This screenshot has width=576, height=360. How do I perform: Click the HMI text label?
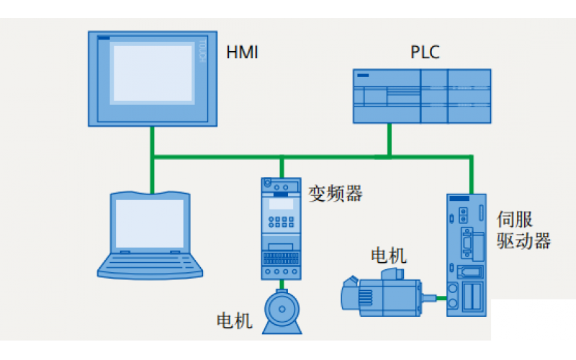242,53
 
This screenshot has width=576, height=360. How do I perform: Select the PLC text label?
425,53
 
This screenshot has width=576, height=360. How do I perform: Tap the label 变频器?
335,194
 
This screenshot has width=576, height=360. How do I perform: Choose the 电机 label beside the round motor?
235,320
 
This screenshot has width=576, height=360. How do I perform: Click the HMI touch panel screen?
152,73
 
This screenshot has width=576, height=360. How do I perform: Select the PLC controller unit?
421,96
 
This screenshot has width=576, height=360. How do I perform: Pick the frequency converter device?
281,229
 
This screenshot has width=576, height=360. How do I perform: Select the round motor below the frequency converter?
281,310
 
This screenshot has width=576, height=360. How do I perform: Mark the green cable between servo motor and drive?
433,296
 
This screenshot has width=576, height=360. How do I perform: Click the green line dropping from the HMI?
152,141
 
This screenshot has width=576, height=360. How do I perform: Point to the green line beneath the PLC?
390,139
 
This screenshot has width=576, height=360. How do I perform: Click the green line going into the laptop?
152,176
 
